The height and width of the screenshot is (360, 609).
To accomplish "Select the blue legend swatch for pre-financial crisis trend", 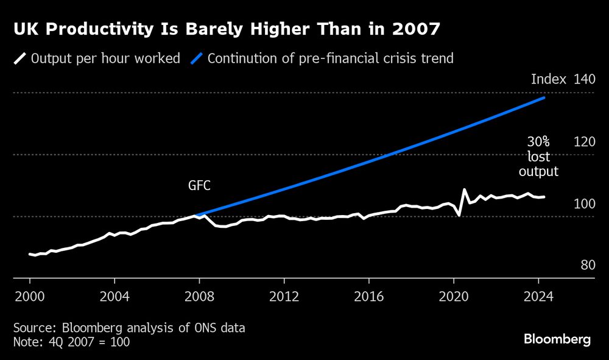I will pos(196,59).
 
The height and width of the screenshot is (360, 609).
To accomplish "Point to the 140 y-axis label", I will pos(583,79).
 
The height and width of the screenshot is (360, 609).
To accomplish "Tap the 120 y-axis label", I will pos(583,142).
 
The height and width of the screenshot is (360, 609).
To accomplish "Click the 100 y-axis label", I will pos(583,203).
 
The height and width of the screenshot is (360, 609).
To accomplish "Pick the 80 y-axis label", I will pos(586,266).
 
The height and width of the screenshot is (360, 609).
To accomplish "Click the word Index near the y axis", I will pos(549,79).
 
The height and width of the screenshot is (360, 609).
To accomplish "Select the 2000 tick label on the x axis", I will pos(29,298).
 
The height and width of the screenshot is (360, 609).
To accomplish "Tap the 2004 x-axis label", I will pos(114,298).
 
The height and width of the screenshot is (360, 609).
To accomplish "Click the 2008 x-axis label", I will pos(199,298).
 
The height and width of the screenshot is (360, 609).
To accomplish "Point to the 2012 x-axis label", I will pos(284,298).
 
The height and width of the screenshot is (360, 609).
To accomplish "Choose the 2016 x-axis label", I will pos(368,298).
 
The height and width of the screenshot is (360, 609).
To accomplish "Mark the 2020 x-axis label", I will pos(454,298).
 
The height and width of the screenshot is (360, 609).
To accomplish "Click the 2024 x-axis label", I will pos(538,298).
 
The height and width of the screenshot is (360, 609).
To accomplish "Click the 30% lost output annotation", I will pos(538,157).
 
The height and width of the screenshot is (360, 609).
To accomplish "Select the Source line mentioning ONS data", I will pos(129,328).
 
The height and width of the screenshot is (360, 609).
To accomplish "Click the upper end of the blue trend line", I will pos(543,97).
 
